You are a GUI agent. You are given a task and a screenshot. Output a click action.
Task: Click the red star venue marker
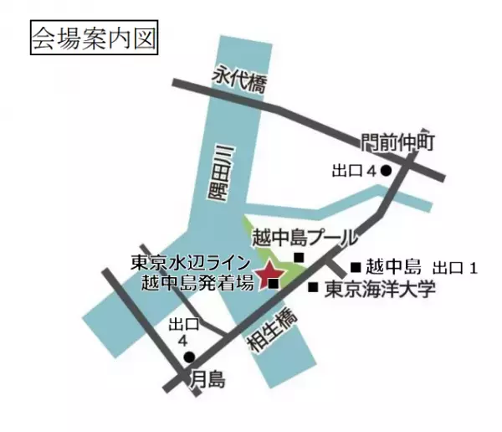[x=270, y=275]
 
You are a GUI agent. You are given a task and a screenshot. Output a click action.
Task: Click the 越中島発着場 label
[x=198, y=281]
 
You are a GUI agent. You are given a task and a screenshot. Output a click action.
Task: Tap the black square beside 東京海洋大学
[x=312, y=288]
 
